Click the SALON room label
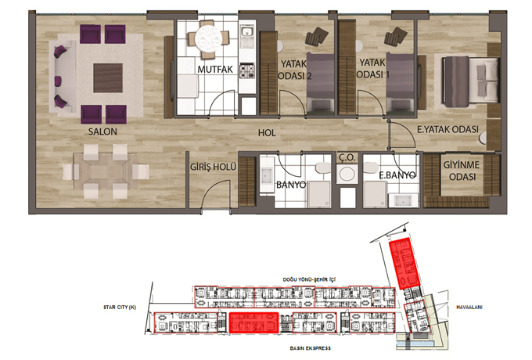(102, 131)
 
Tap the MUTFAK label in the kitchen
(215, 69)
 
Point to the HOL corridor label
(267, 133)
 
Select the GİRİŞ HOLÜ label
(213, 167)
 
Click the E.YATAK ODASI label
(448, 129)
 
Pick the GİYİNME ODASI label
(462, 171)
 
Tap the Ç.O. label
(347, 157)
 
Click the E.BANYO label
(397, 175)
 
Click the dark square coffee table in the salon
(108, 77)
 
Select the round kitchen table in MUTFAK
(208, 38)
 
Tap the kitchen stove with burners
(247, 71)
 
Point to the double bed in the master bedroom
(471, 81)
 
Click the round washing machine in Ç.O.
(347, 174)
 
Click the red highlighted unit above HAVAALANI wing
(404, 263)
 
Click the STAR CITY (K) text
(120, 308)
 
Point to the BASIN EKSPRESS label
(310, 348)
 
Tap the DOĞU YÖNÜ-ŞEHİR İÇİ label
(309, 279)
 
